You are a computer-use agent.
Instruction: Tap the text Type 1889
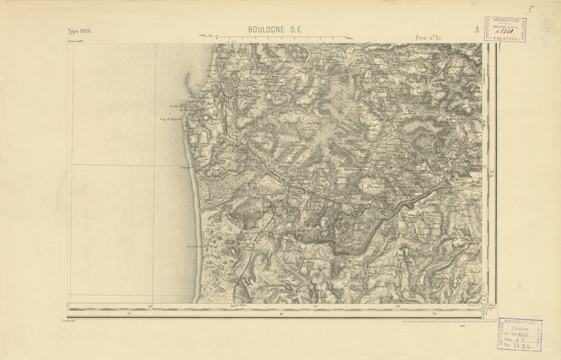coord(79,32)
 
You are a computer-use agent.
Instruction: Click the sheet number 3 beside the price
coord(476,30)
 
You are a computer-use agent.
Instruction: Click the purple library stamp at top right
coord(505,30)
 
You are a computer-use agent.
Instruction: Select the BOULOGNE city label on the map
coord(243,89)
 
